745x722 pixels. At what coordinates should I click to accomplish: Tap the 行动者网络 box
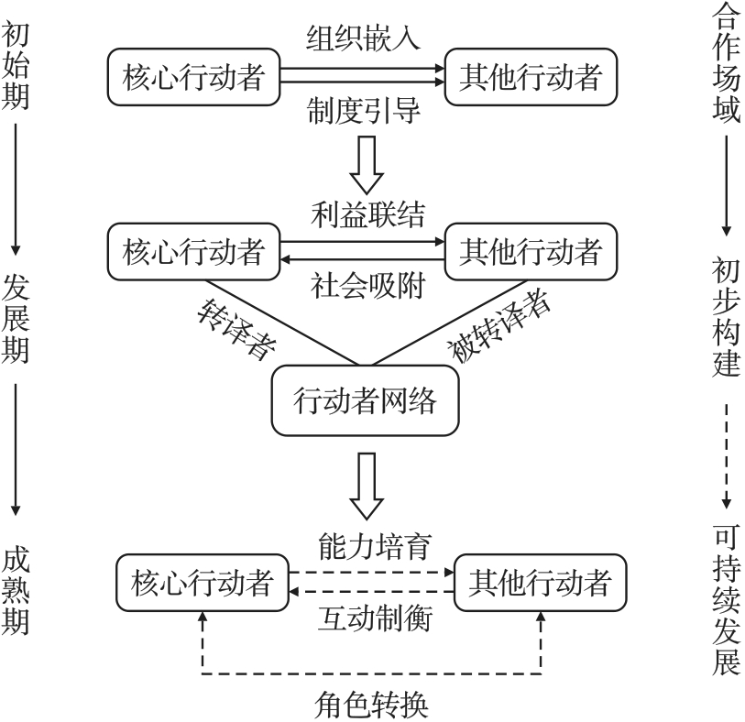365,401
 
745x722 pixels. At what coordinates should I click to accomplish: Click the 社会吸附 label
363,285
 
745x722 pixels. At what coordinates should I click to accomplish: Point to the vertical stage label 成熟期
16,592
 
